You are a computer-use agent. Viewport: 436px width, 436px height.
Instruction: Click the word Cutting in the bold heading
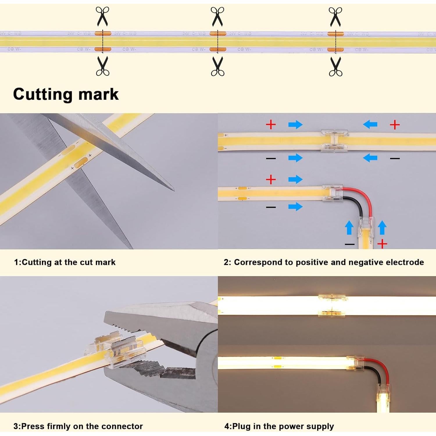[43, 94]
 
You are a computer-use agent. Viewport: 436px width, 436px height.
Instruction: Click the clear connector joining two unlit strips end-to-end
[334, 140]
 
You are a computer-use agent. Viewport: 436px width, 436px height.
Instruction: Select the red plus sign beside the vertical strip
[382, 244]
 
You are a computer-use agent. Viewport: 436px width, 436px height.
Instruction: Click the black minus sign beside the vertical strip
[349, 244]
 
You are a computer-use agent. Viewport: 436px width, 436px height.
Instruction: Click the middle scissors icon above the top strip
[217, 17]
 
